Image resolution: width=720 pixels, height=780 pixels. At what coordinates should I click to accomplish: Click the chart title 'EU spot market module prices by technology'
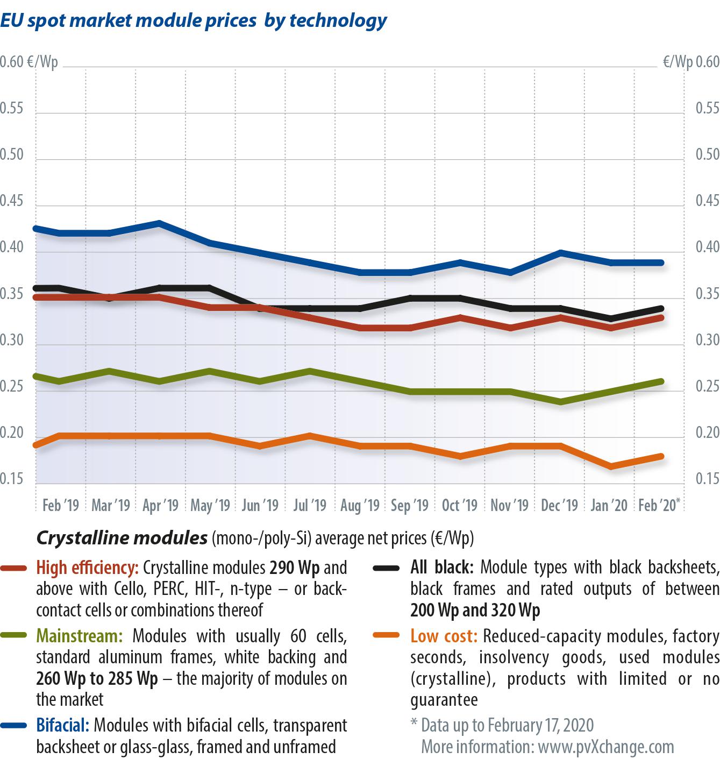pyautogui.click(x=194, y=20)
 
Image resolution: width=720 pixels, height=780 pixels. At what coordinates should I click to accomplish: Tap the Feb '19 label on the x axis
pyautogui.click(x=60, y=506)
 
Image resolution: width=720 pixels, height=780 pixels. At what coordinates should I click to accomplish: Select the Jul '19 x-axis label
pyautogui.click(x=310, y=506)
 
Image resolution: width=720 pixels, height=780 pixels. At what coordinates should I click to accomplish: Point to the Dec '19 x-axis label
pyautogui.click(x=559, y=506)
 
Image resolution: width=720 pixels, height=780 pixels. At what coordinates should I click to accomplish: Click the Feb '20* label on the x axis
pyautogui.click(x=659, y=506)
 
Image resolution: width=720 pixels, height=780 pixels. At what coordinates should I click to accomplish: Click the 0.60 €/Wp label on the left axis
pyautogui.click(x=29, y=62)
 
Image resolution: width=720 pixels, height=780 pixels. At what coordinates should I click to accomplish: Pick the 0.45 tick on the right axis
pyautogui.click(x=707, y=201)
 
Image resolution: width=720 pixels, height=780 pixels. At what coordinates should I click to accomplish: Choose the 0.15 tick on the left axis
pyautogui.click(x=12, y=479)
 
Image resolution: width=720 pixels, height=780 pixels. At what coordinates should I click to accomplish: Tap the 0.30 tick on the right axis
pyautogui.click(x=707, y=340)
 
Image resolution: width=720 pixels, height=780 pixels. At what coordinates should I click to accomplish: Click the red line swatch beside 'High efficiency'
pyautogui.click(x=14, y=568)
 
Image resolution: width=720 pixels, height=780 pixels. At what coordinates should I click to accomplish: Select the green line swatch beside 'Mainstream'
pyautogui.click(x=14, y=636)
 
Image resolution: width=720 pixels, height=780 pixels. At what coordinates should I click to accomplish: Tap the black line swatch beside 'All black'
pyautogui.click(x=386, y=568)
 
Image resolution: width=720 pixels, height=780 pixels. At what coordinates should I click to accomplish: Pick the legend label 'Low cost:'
pyautogui.click(x=444, y=636)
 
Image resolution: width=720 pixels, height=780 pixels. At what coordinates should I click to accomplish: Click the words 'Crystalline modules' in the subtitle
pyautogui.click(x=122, y=538)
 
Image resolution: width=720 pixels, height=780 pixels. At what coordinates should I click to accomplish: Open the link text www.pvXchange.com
pyautogui.click(x=605, y=747)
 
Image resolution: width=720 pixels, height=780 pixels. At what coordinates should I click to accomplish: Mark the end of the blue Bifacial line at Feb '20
pyautogui.click(x=661, y=263)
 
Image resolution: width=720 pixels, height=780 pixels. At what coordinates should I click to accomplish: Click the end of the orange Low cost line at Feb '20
pyautogui.click(x=661, y=457)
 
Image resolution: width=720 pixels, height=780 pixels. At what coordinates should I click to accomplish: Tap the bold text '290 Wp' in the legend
pyautogui.click(x=295, y=568)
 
